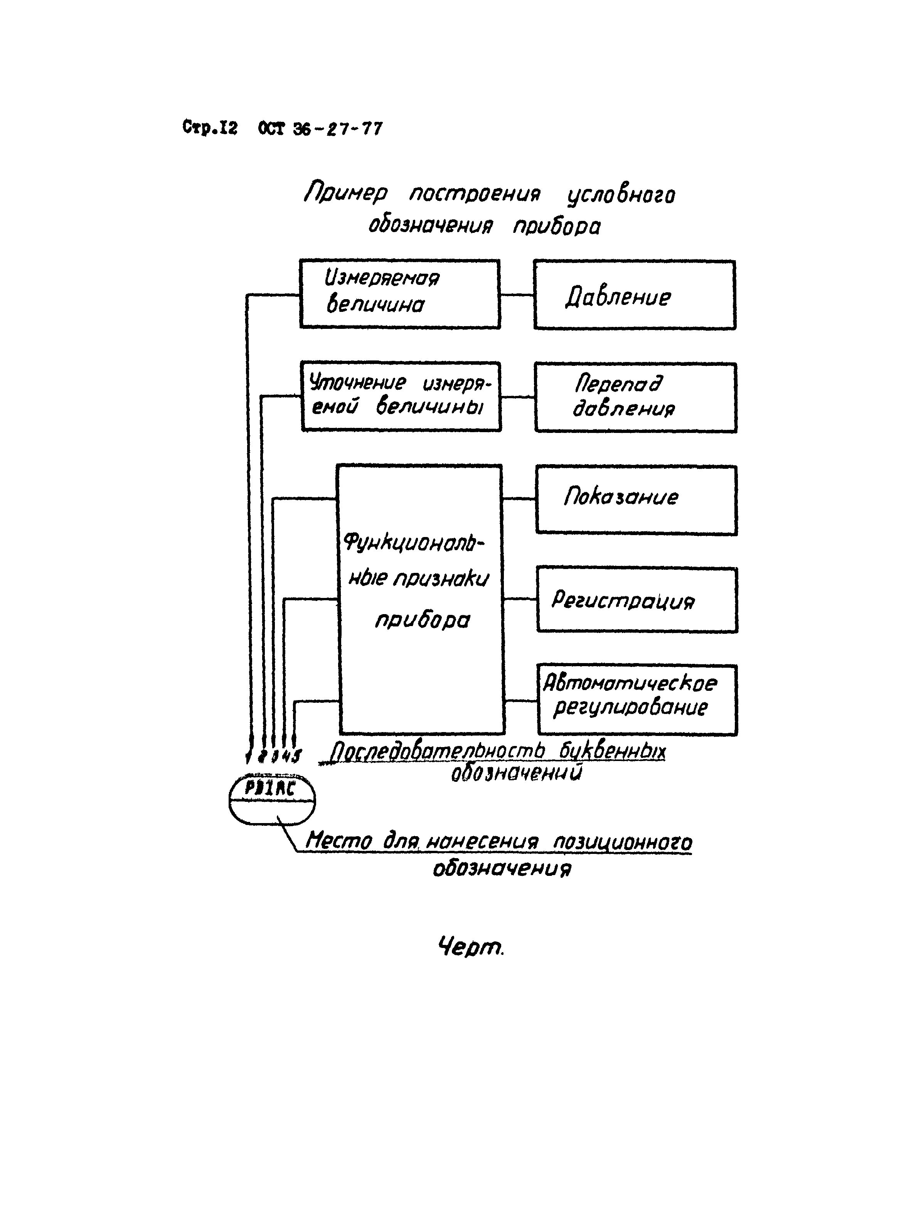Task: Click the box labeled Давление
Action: pos(634,295)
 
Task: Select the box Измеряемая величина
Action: pos(400,294)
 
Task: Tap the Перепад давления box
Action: pos(635,397)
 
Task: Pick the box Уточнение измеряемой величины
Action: pos(401,396)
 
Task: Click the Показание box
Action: pos(637,500)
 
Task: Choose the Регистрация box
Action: pos(637,600)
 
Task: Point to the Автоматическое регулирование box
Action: pos(637,700)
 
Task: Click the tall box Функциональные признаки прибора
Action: pos(421,599)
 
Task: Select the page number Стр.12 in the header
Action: pos(210,128)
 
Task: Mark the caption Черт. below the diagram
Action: pos(470,947)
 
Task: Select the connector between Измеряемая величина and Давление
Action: pos(517,295)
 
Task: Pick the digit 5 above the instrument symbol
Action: pos(298,755)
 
